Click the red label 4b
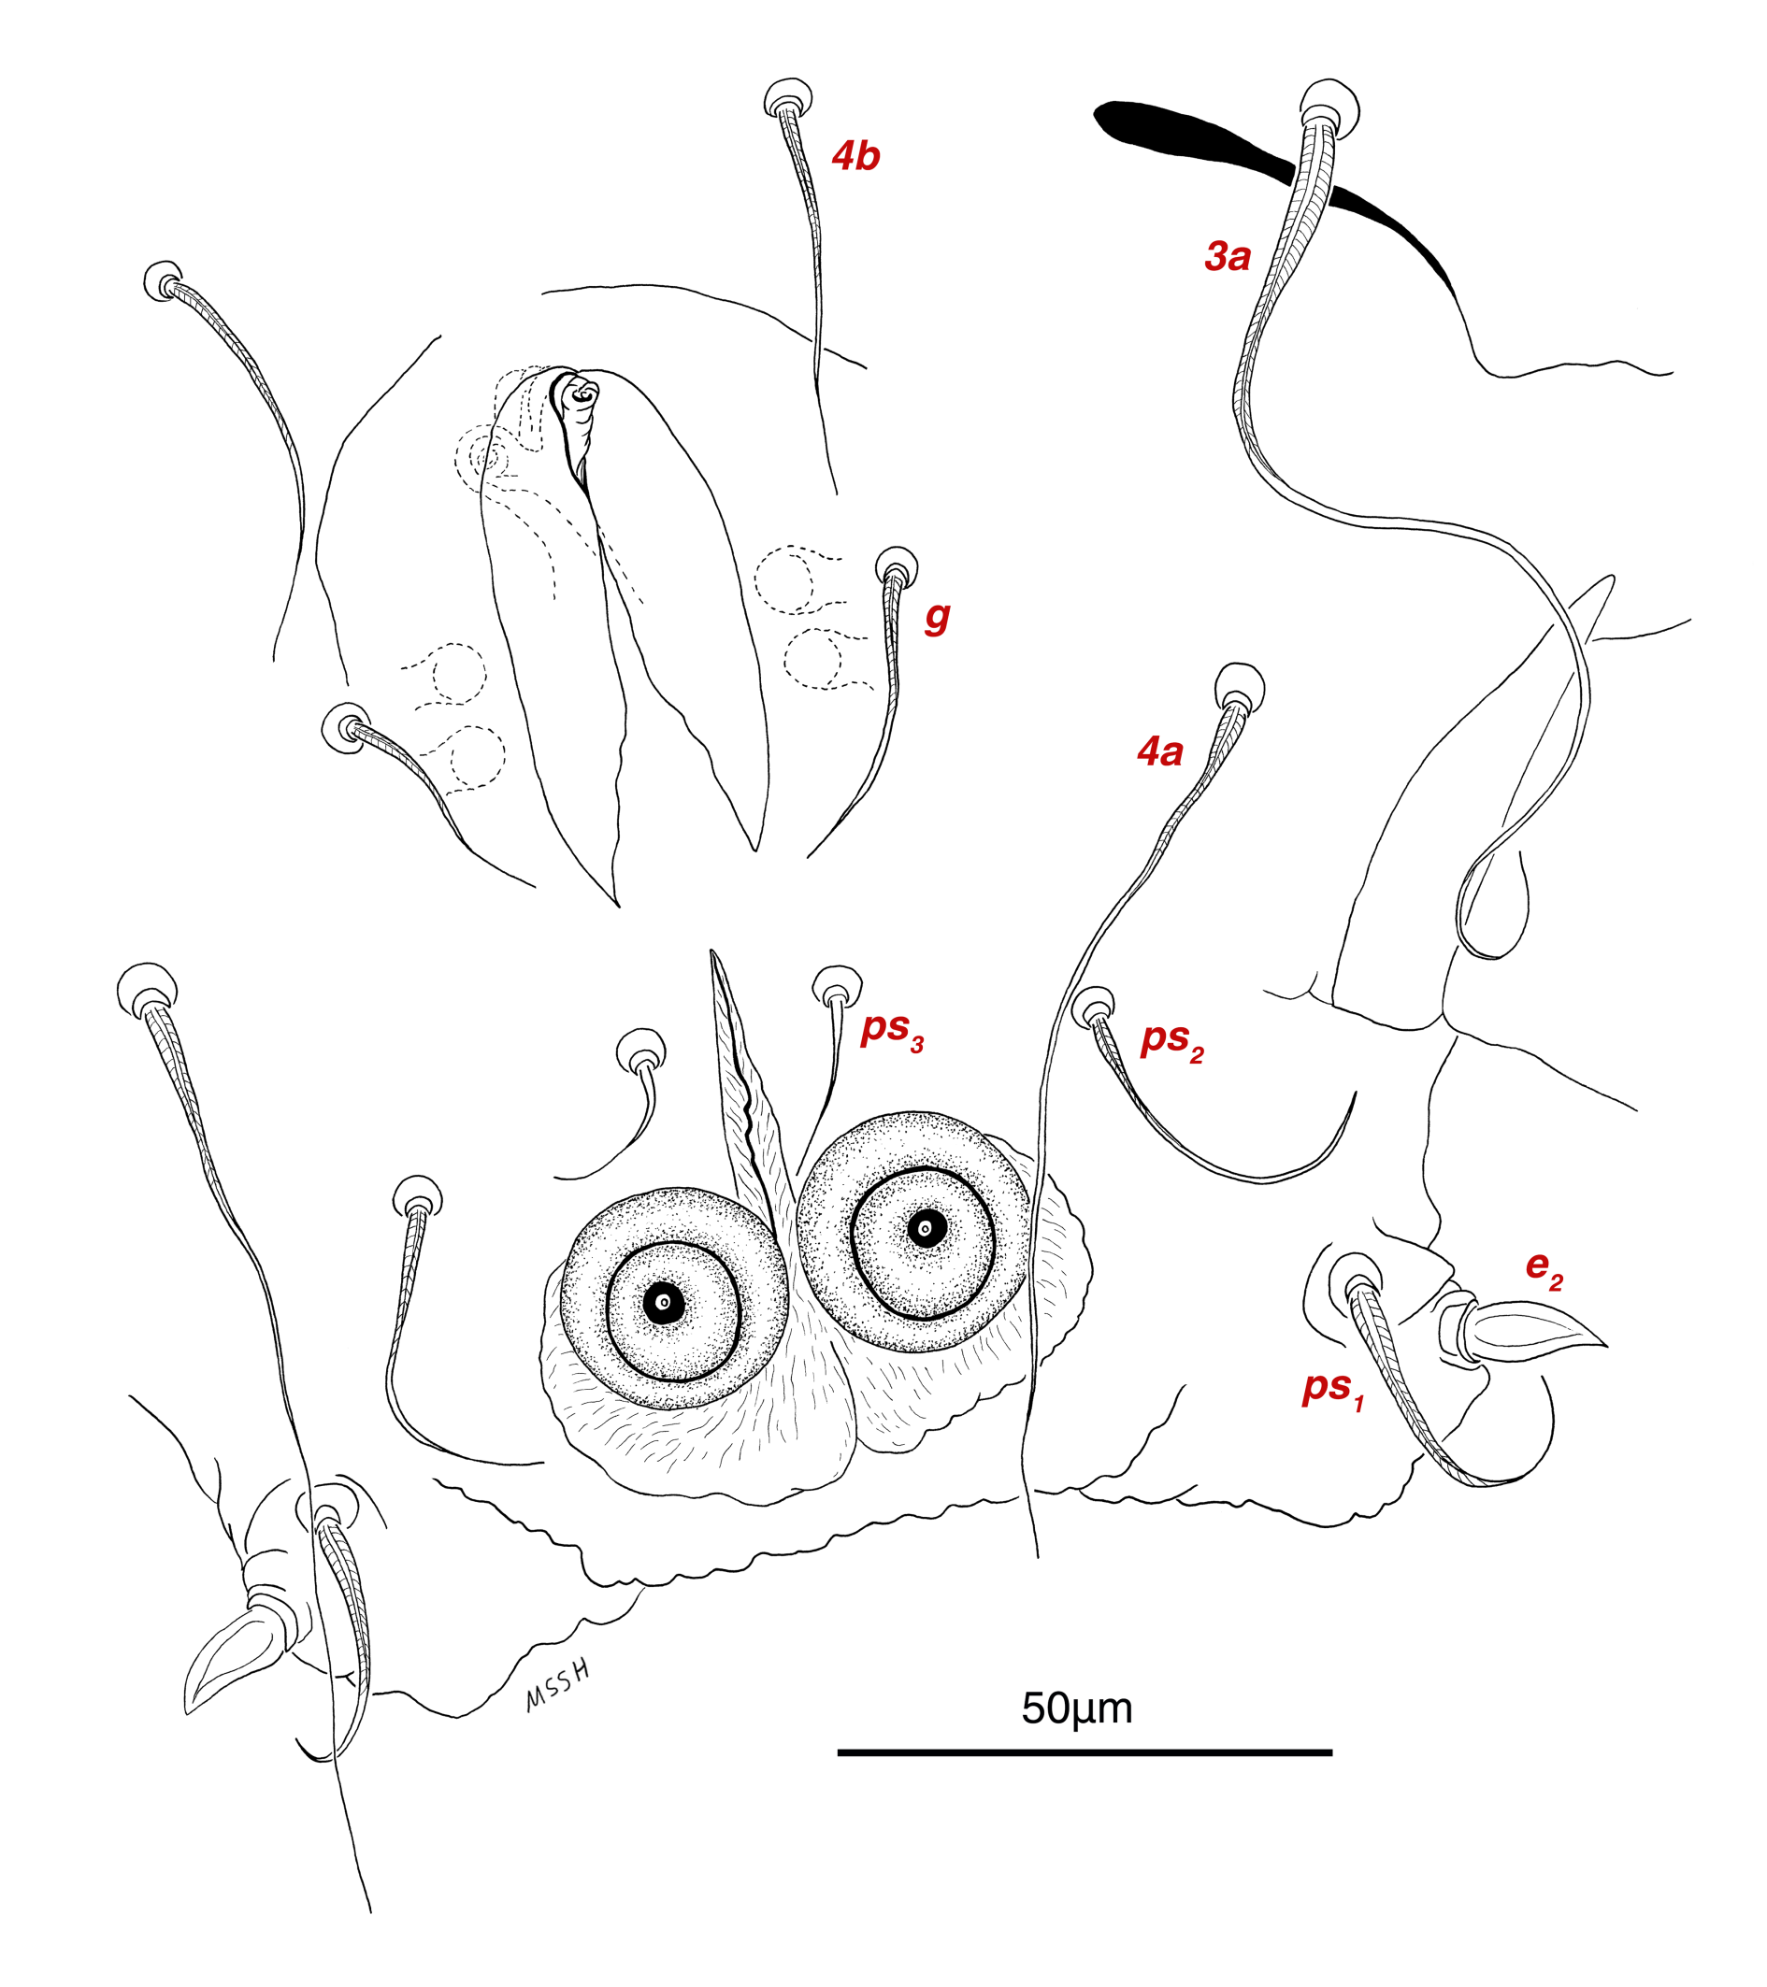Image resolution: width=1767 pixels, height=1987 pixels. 855,156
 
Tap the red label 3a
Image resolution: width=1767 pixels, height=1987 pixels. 1227,257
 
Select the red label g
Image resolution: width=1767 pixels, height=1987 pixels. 937,615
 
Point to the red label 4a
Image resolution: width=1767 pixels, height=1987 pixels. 1159,751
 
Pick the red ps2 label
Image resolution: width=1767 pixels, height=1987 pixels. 1171,1039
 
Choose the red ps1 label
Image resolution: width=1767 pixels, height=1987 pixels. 1333,1388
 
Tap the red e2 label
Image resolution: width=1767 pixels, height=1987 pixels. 1544,1267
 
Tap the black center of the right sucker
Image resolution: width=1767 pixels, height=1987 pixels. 926,1230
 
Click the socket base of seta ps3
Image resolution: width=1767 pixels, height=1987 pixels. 837,988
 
